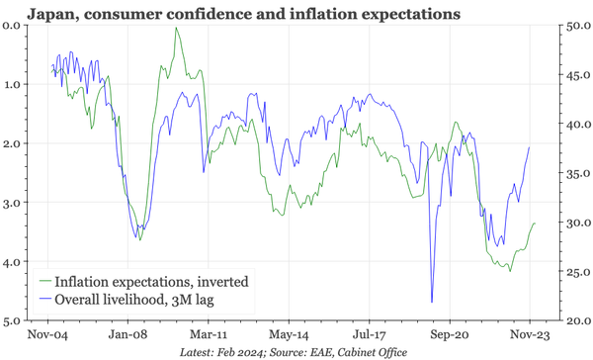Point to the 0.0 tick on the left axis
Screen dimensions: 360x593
click(x=12, y=25)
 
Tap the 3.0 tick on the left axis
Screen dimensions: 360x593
click(x=12, y=203)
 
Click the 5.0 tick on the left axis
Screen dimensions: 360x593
click(x=12, y=321)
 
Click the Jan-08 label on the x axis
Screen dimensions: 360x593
click(x=129, y=336)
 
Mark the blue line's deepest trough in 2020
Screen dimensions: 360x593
click(x=432, y=302)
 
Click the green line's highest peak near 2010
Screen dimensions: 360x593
click(x=176, y=28)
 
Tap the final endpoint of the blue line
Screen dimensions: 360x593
click(x=530, y=147)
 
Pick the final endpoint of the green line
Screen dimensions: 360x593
click(x=535, y=224)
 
